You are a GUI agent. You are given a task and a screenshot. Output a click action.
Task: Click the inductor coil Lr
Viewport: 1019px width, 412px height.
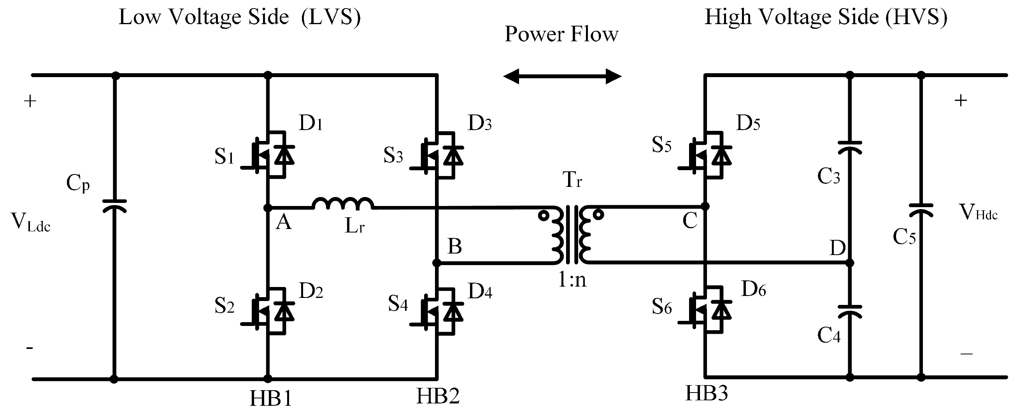(x=342, y=203)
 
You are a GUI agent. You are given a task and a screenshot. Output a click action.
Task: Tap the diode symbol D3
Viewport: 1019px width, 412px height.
(x=453, y=155)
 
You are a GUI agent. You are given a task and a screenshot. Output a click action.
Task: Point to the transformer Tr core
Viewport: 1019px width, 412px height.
(x=572, y=234)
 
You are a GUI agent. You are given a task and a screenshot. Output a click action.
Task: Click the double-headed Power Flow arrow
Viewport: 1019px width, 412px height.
(x=562, y=76)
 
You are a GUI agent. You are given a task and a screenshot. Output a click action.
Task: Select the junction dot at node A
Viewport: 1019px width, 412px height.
(x=268, y=208)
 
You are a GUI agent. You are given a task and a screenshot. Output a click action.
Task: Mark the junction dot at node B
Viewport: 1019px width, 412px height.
(x=436, y=263)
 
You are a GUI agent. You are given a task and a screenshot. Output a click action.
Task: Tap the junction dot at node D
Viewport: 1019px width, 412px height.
(x=850, y=262)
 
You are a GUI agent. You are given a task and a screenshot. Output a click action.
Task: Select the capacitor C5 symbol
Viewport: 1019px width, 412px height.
(x=921, y=210)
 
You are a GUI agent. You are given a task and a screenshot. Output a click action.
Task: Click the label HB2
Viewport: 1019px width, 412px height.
(x=437, y=396)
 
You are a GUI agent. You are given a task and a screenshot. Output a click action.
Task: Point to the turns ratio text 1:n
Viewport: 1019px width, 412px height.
(x=572, y=280)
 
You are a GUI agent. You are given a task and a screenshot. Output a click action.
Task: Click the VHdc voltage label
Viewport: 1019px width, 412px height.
(x=978, y=213)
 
